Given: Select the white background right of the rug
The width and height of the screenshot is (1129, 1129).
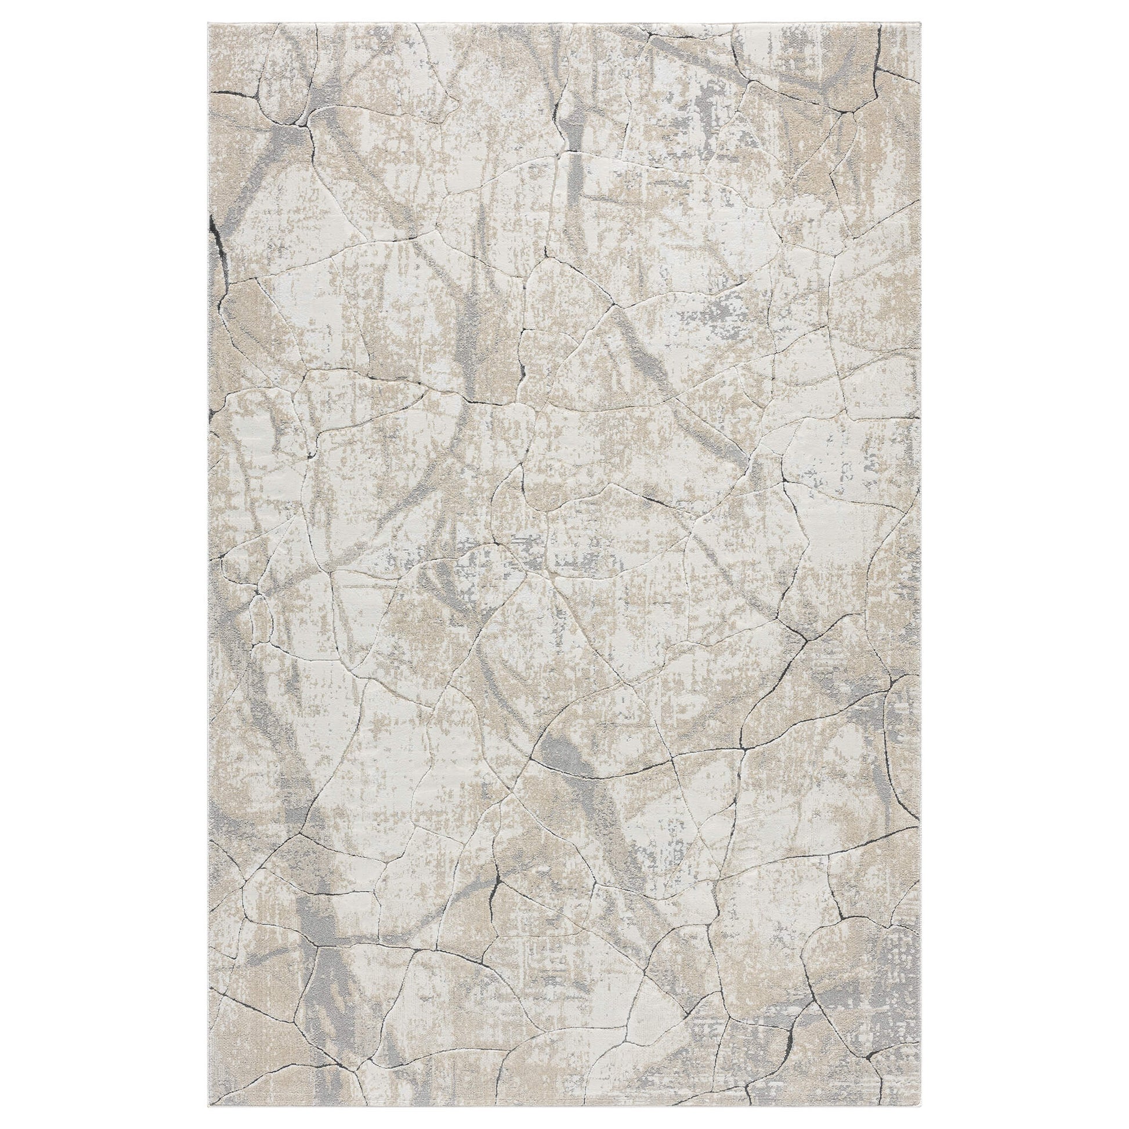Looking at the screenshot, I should (1023, 564).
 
